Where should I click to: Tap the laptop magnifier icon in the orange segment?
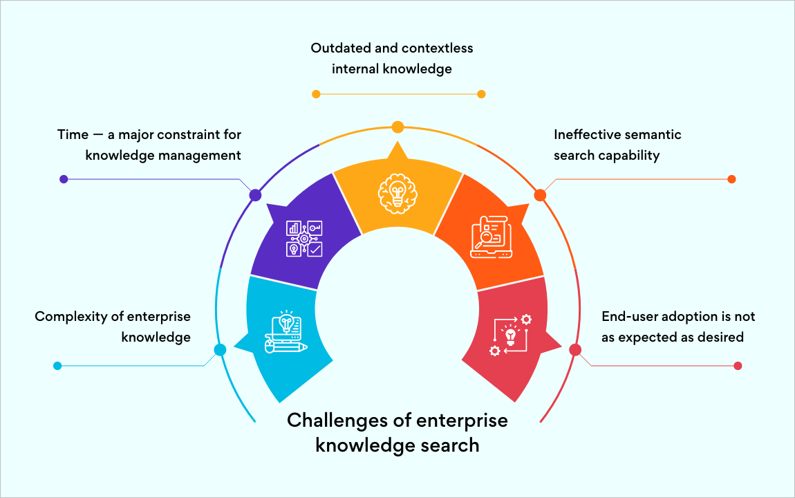pos(490,237)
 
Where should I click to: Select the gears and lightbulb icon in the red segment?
pos(511,335)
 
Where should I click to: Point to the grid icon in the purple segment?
pos(304,239)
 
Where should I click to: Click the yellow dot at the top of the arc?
pos(397,127)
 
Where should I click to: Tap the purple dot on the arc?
pos(255,195)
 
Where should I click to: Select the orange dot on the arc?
pos(540,195)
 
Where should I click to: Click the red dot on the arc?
pos(575,350)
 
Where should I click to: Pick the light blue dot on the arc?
pos(220,350)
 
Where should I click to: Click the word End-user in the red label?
pos(628,317)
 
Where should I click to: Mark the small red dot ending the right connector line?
pos(738,366)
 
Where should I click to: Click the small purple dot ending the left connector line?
pos(64,179)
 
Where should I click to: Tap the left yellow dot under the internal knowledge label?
pos(316,94)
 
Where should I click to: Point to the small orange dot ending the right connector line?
pos(731,179)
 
